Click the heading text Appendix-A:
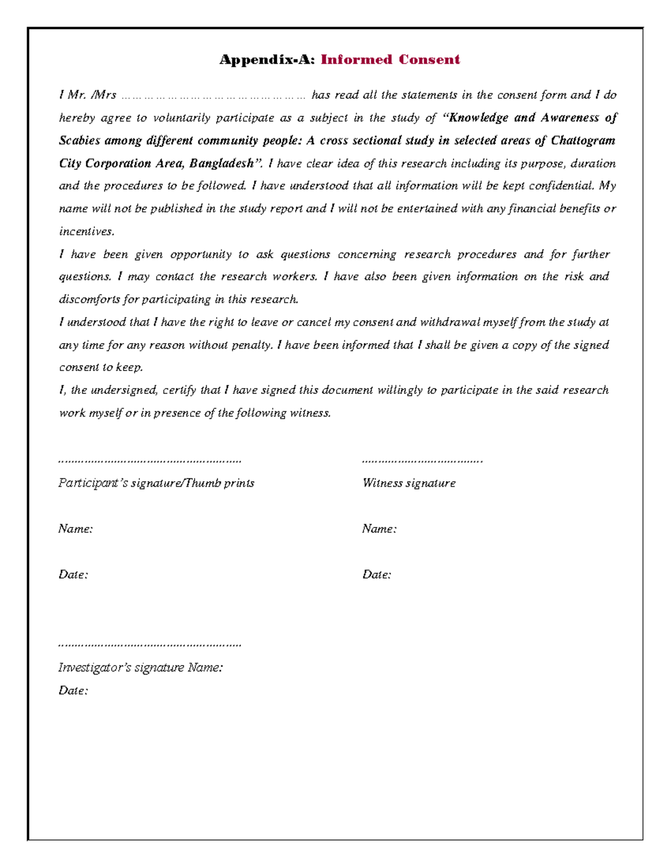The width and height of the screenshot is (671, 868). click(x=267, y=60)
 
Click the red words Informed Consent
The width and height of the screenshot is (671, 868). click(x=390, y=60)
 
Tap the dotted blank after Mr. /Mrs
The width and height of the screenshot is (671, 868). click(x=213, y=96)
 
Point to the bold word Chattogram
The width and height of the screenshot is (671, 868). click(x=583, y=140)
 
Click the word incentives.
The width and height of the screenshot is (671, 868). click(x=86, y=231)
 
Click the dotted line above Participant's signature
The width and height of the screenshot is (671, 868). click(x=150, y=462)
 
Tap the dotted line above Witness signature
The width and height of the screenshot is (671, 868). click(x=422, y=462)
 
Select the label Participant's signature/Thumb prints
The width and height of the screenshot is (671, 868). click(x=157, y=483)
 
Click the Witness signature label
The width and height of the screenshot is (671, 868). click(x=409, y=483)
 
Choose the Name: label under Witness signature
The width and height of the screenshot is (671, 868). click(x=379, y=529)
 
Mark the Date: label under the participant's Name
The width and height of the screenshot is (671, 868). click(x=73, y=575)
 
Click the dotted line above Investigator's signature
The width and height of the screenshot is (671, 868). click(x=150, y=645)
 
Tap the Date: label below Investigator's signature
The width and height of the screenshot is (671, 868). click(x=73, y=691)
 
